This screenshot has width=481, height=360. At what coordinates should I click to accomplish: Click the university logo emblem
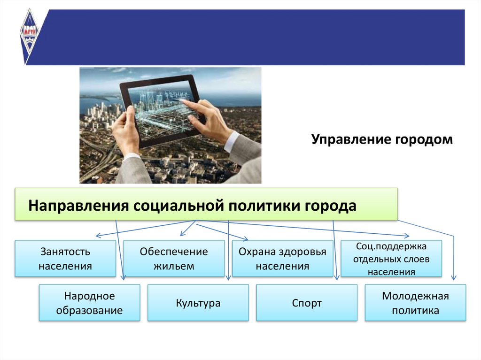point(29,35)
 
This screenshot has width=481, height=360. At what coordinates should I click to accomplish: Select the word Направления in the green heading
point(78,206)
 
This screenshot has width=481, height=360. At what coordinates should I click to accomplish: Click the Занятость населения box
point(65,259)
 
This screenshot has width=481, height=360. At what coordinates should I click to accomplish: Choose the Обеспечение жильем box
point(174,259)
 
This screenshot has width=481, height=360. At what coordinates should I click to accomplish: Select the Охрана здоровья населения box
point(282,259)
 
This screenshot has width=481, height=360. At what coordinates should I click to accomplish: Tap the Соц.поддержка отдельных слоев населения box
point(391,259)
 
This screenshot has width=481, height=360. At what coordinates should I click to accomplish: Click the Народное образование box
point(90,303)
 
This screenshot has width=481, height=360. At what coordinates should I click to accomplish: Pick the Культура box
point(198,303)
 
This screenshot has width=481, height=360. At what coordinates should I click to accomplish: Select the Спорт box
point(307,303)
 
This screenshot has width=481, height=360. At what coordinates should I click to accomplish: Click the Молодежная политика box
point(415,303)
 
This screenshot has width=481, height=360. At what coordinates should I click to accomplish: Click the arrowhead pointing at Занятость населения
point(98,236)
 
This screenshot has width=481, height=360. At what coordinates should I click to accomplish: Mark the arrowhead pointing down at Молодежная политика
point(454,278)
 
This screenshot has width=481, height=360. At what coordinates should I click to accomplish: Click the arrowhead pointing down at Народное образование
point(123,277)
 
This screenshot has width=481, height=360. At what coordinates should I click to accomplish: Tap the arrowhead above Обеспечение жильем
point(182,234)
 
